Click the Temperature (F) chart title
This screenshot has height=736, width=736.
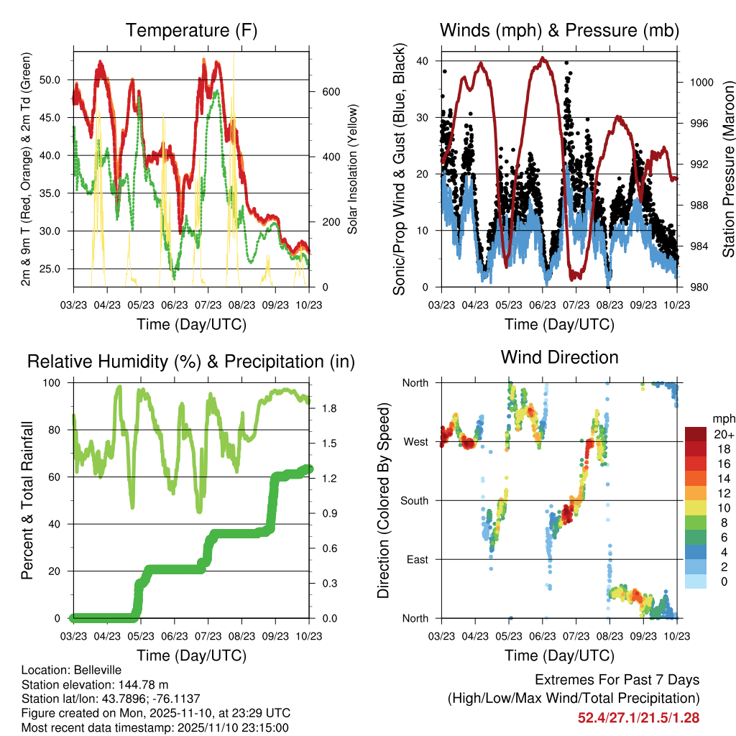tap(191, 30)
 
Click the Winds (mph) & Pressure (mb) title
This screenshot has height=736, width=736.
tap(559, 30)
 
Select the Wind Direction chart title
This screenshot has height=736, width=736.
tap(559, 356)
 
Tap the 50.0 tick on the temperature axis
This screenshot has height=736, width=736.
tap(57, 79)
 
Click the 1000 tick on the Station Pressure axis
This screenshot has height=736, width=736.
tap(701, 83)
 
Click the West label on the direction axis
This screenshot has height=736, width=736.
tap(415, 441)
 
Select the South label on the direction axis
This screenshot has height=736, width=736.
tap(413, 500)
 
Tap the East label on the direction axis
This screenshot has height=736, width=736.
tap(416, 559)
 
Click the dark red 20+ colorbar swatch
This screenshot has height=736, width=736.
tap(696, 434)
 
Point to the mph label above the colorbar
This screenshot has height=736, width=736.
tap(723, 418)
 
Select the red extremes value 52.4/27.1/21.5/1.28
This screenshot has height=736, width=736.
tap(638, 717)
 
